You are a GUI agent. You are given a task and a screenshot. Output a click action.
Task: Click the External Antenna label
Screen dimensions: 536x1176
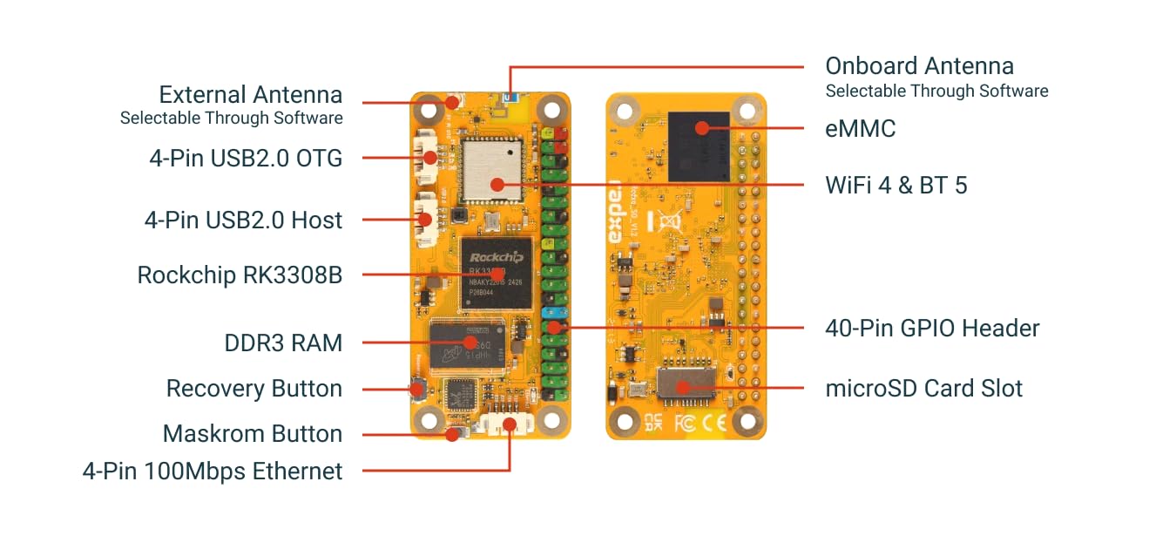pos(251,95)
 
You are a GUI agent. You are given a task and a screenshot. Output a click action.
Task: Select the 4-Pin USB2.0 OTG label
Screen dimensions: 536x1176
pos(245,158)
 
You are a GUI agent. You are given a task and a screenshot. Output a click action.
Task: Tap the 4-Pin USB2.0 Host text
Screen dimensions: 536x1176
pos(243,221)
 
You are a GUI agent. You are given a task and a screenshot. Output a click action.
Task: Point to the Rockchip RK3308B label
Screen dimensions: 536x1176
pos(240,275)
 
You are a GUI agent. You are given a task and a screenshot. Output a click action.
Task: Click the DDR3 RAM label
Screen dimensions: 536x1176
pos(283,343)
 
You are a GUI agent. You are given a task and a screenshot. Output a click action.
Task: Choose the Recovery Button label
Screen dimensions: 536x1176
pos(253,389)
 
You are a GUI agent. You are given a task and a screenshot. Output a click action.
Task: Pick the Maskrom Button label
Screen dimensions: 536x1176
pos(253,434)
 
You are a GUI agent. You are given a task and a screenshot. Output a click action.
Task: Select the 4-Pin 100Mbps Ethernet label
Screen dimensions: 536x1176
pos(213,472)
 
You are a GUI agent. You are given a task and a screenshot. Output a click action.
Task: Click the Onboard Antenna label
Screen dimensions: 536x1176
pos(919,66)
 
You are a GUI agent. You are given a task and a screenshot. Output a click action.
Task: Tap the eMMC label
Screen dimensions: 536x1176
pos(860,129)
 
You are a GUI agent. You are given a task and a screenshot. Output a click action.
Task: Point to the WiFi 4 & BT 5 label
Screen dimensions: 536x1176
pos(896,185)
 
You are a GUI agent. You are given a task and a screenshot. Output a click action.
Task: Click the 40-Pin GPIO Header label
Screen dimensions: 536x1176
pos(932,329)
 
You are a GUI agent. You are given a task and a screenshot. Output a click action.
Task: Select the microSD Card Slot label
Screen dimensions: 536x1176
pos(923,389)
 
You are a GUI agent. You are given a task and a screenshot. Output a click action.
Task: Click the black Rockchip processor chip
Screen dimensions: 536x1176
pos(496,272)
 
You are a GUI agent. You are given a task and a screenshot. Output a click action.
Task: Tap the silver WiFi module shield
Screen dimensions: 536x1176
pos(492,167)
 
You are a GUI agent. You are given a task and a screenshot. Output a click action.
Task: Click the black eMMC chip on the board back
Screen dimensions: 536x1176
pos(699,145)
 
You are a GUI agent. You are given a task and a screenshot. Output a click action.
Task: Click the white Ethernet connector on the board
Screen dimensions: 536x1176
pos(509,424)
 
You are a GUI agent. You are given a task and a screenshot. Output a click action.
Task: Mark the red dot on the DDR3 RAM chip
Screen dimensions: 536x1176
pos(470,343)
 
